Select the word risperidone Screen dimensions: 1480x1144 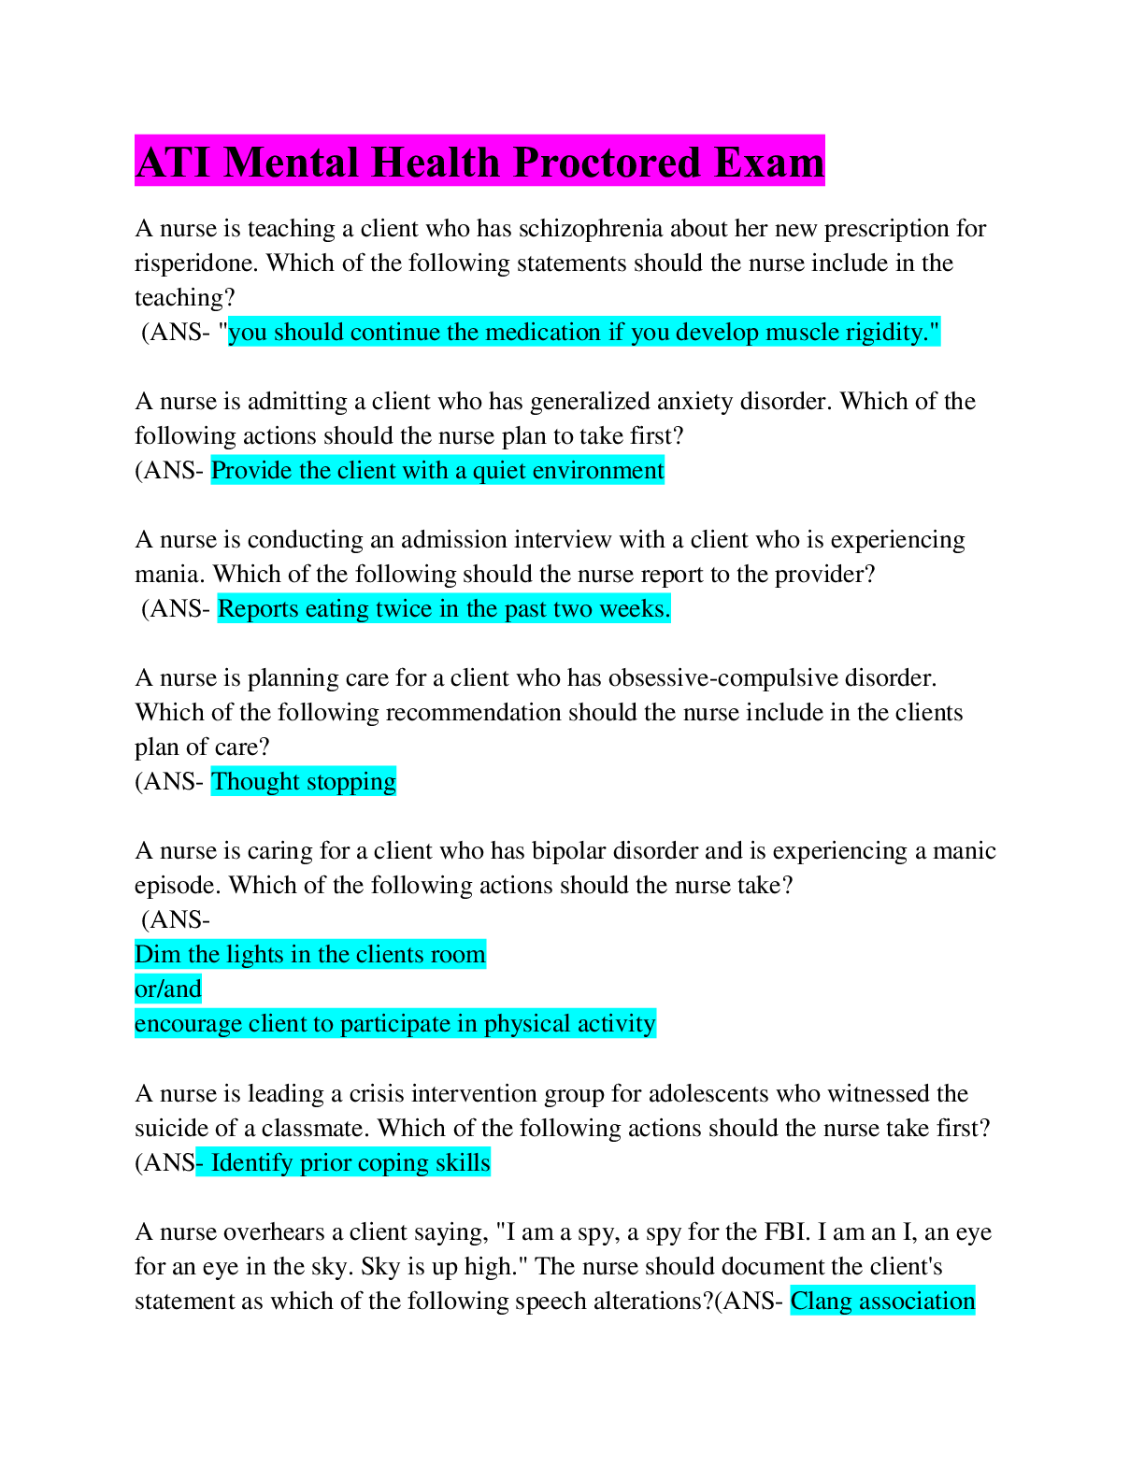pos(195,263)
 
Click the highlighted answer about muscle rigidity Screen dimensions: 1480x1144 pos(583,333)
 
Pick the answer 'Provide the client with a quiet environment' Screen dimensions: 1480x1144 pos(437,471)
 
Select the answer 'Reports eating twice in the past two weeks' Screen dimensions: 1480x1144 pos(443,609)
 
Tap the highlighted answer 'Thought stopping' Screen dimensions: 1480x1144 pos(303,782)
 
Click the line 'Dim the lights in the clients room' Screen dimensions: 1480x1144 pos(309,955)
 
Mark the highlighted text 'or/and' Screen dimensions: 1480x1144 pos(168,989)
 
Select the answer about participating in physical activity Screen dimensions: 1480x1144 pos(394,1024)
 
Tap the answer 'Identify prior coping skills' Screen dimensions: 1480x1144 pos(346,1163)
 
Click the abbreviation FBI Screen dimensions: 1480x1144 pos(786,1232)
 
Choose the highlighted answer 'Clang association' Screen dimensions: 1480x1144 pos(881,1302)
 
